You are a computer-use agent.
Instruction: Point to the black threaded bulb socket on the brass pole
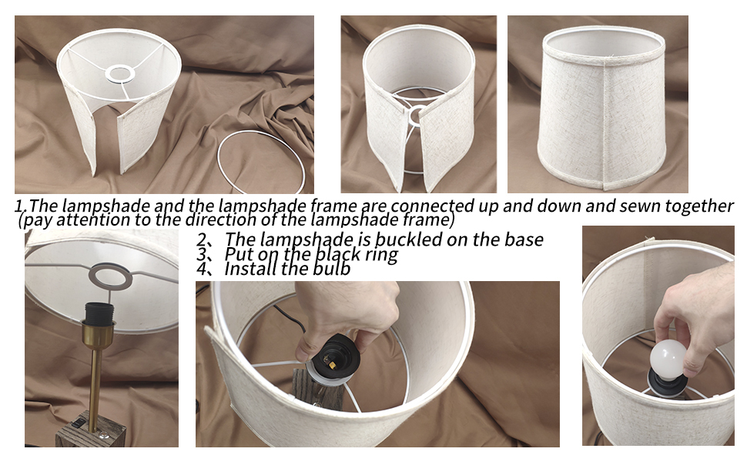pos(99,312)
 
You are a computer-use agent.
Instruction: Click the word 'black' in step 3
pos(337,254)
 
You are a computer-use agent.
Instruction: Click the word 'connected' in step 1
pos(430,206)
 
